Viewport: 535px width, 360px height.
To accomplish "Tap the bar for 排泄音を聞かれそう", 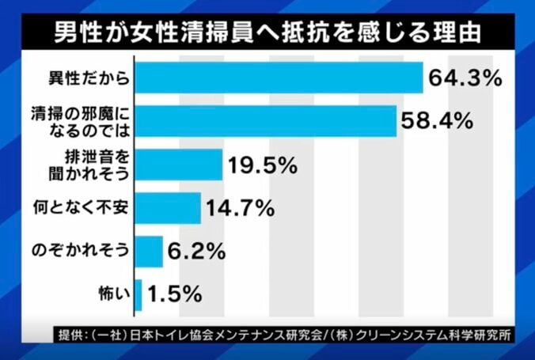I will [x=179, y=165].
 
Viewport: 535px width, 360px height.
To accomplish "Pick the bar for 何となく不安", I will [x=168, y=209].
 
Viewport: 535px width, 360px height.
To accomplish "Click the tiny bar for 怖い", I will [x=138, y=295].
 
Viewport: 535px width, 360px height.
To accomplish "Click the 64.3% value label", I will [x=465, y=78].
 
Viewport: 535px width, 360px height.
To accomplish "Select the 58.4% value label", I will [x=438, y=122].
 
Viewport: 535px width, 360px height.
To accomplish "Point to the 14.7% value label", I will [x=241, y=209].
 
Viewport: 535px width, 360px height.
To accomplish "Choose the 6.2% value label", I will [x=194, y=252].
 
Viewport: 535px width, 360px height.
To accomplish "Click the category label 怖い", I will [x=111, y=295].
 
